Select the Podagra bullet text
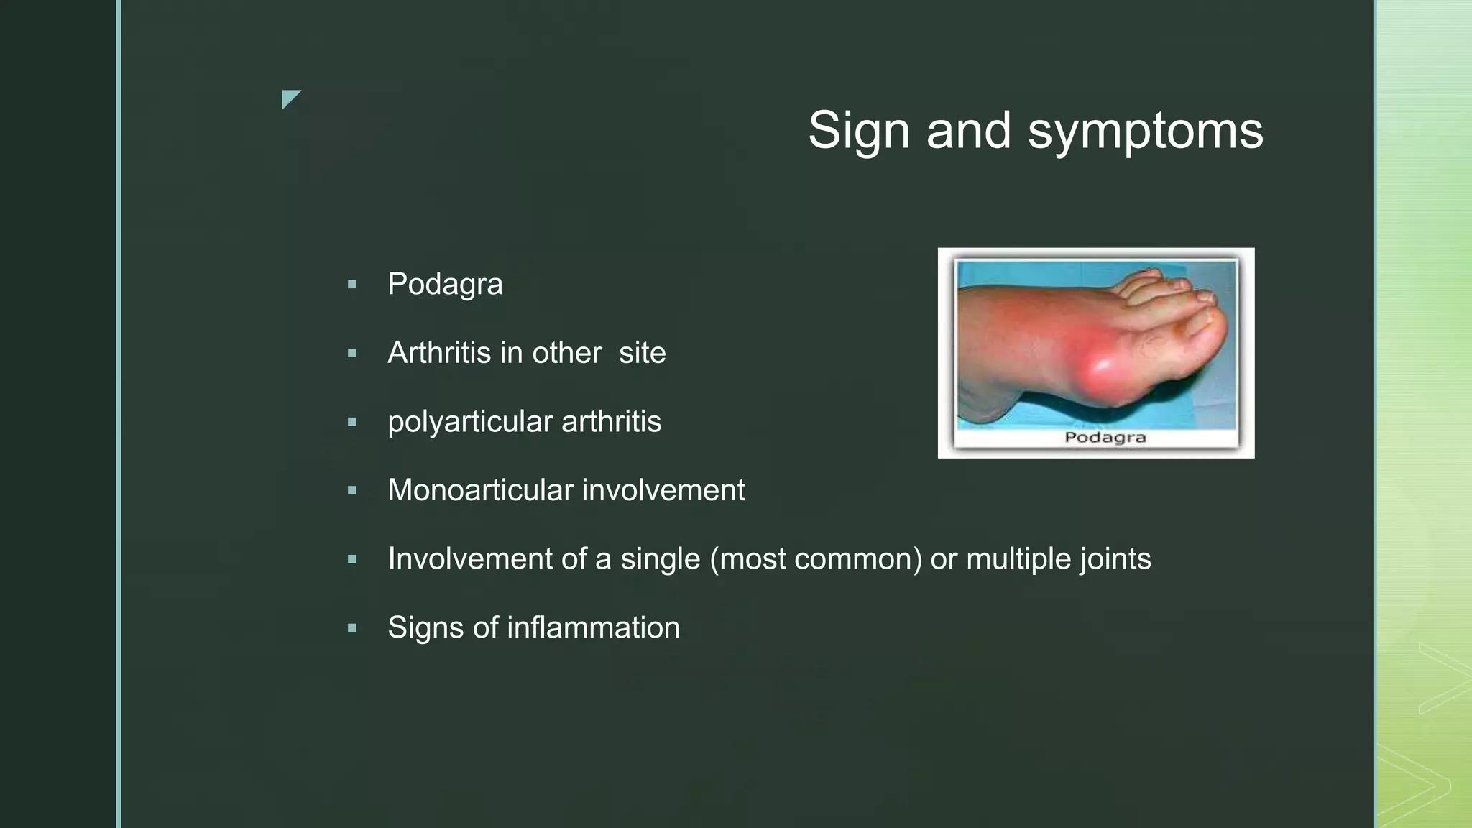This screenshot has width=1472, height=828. [445, 285]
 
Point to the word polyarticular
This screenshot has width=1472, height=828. [470, 422]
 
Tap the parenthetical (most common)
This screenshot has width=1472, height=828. [816, 559]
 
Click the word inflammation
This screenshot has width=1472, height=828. [593, 627]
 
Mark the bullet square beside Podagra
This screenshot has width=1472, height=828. [352, 285]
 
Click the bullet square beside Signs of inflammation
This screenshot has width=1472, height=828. [352, 628]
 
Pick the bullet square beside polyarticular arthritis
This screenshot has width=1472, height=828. [352, 422]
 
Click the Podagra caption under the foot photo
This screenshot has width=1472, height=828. [1105, 438]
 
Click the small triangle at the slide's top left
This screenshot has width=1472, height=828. [289, 98]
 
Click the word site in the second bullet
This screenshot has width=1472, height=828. [642, 353]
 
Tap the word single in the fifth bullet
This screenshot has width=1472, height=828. [660, 559]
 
